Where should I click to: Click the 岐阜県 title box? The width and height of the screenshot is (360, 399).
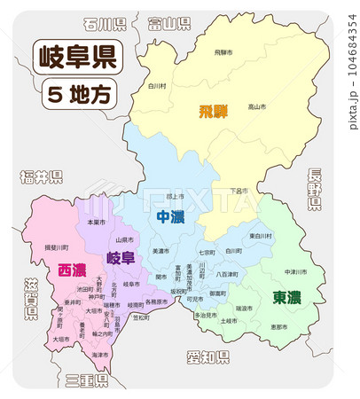(x=78, y=59)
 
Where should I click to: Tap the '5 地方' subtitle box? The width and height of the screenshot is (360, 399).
(x=78, y=92)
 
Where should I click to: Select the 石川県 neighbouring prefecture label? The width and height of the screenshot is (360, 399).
(x=105, y=24)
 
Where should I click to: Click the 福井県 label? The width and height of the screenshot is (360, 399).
(x=41, y=178)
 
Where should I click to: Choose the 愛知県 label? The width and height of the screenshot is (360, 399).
(x=208, y=357)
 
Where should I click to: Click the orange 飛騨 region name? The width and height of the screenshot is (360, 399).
(x=214, y=112)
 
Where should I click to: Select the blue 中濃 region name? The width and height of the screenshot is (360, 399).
(x=170, y=216)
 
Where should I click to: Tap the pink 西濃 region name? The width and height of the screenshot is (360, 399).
(x=72, y=270)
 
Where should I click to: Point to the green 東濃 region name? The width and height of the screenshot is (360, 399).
(x=286, y=296)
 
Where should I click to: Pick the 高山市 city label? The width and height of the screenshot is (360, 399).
(x=256, y=107)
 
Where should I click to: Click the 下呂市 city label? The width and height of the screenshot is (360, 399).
(x=238, y=191)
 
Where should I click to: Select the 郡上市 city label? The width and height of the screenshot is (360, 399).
(x=176, y=196)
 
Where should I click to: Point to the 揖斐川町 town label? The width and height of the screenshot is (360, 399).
(x=57, y=248)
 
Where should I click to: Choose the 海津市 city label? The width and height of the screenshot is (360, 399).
(x=99, y=355)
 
